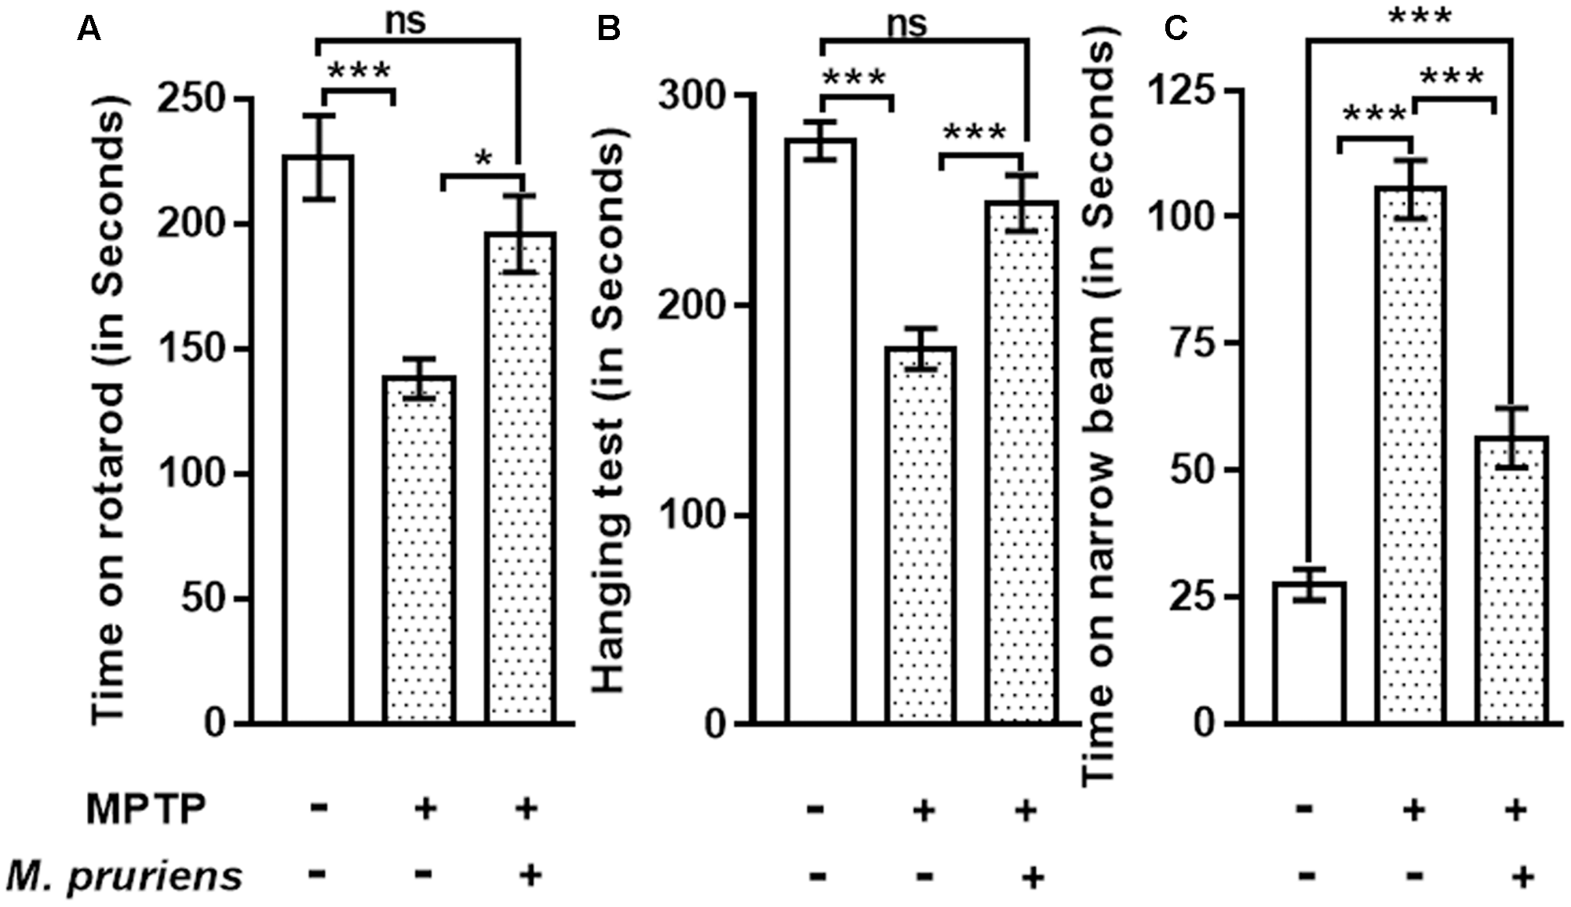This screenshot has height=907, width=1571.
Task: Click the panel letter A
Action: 90,29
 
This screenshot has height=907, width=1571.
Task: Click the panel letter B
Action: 608,29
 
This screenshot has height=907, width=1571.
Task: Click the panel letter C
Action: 1175,29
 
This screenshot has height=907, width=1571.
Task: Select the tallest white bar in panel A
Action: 318,439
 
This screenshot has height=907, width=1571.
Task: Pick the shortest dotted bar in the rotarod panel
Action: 421,549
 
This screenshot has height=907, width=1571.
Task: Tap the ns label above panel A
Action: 406,21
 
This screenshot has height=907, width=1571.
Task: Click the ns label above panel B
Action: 906,24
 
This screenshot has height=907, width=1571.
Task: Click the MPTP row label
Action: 146,809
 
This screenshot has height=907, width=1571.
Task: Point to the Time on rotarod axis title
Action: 108,408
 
